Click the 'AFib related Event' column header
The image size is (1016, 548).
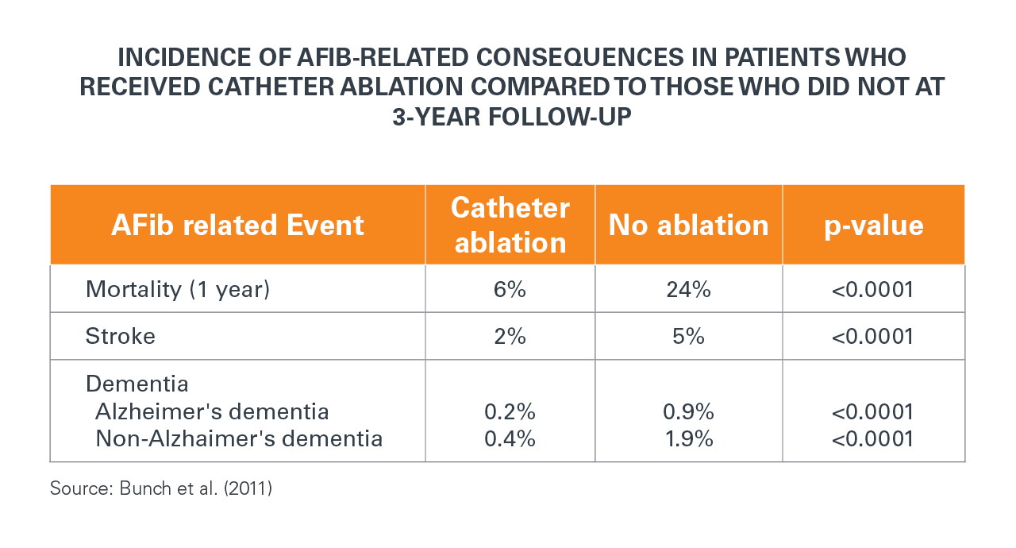coord(237,226)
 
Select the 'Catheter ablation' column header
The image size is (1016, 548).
coord(510,225)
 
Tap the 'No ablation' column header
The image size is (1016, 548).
coord(688,226)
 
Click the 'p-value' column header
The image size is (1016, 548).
coord(873,226)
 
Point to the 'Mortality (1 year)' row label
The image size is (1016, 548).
coord(178,289)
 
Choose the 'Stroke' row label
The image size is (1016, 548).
coord(121,336)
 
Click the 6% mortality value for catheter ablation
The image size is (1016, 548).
coord(510,289)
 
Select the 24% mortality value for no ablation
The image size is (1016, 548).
coord(688,289)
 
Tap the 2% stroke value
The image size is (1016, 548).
coord(510,336)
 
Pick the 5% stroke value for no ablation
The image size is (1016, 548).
coord(688,336)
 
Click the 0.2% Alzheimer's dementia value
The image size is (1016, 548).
coord(510,412)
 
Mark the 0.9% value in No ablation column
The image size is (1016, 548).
coord(688,412)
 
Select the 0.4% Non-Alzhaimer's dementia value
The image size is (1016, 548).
coord(510,438)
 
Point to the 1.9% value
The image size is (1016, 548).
coord(688,438)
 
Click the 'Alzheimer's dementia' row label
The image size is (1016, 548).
coord(212,412)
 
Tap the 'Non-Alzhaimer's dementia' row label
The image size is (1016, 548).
coord(239,438)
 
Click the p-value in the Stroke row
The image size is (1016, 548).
coord(873,336)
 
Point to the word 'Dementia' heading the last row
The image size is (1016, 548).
coord(137,384)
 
